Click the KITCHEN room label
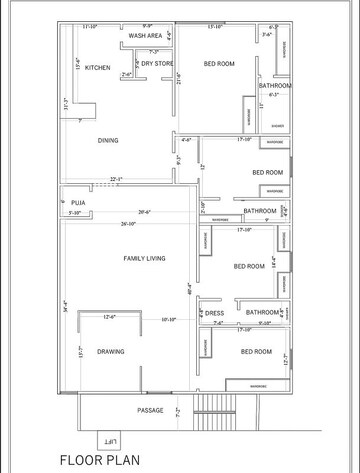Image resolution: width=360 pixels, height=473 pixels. coord(97,68)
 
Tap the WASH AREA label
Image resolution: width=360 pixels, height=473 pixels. coord(145,35)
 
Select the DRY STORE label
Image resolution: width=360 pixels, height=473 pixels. coord(157,63)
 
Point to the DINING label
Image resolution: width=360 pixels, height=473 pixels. coord(108,140)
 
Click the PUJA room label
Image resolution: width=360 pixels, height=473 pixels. coord(78,201)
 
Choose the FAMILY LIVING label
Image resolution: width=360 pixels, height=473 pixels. coord(144,258)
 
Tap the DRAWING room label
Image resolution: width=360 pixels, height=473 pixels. coord(111,351)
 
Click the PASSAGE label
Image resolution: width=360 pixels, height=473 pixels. coord(150,410)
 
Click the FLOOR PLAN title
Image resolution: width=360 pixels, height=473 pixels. coord(101,460)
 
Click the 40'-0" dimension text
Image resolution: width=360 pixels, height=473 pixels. coord(190,290)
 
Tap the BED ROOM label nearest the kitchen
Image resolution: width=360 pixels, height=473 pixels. coord(219,63)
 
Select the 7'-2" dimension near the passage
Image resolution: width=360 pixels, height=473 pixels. coord(178,411)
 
